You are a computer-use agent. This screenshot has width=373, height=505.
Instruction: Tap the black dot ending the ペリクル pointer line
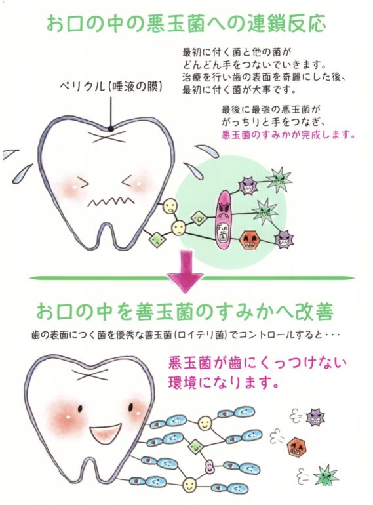pyautogui.click(x=110, y=129)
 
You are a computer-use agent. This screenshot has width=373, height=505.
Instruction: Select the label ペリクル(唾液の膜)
pyautogui.click(x=111, y=87)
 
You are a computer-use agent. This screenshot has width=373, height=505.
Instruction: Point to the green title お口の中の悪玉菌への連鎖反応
pyautogui.click(x=186, y=23)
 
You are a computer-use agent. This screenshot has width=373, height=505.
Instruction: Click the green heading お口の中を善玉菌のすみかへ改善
pyautogui.click(x=184, y=312)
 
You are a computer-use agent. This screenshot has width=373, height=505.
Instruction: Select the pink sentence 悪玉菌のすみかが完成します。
pyautogui.click(x=288, y=134)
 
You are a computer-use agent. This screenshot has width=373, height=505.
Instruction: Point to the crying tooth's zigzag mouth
pyautogui.click(x=111, y=201)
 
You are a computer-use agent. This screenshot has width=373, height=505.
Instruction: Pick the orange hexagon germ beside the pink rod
pyautogui.click(x=249, y=239)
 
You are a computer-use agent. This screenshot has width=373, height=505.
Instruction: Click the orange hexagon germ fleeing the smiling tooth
pyautogui.click(x=296, y=447)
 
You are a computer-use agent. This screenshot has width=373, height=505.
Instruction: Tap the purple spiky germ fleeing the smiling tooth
pyautogui.click(x=315, y=416)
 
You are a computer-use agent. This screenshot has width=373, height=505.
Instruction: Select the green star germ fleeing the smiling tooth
pyautogui.click(x=325, y=475)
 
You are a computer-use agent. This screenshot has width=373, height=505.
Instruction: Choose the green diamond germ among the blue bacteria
pyautogui.click(x=195, y=446)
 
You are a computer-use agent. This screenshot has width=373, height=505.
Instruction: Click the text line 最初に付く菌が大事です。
pyautogui.click(x=239, y=91)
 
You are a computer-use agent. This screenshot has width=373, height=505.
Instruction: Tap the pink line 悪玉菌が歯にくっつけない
pyautogui.click(x=258, y=363)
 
